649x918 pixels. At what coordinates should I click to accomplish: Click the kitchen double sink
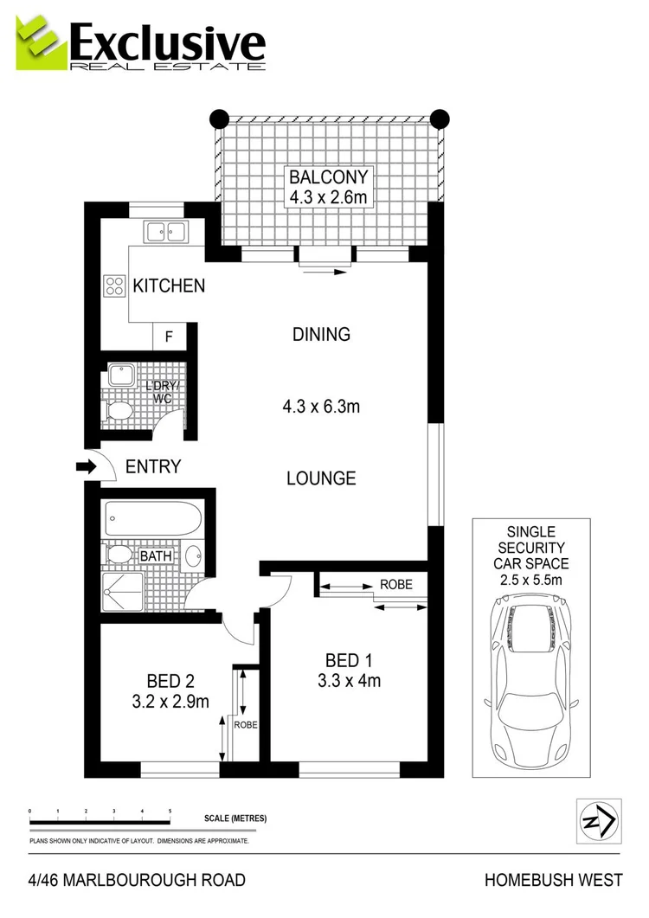[x=166, y=231]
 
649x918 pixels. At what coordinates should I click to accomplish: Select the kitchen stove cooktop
[x=114, y=286]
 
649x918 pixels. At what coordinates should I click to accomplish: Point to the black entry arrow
[x=87, y=467]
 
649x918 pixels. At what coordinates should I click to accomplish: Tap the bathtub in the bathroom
[x=153, y=519]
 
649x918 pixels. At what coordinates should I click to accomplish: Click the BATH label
[x=156, y=555]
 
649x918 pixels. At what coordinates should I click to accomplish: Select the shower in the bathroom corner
[x=122, y=590]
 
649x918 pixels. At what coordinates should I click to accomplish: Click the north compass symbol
[x=599, y=820]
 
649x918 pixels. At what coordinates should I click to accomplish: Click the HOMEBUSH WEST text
[x=553, y=881]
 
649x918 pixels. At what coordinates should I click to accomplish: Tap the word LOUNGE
[x=321, y=478]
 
